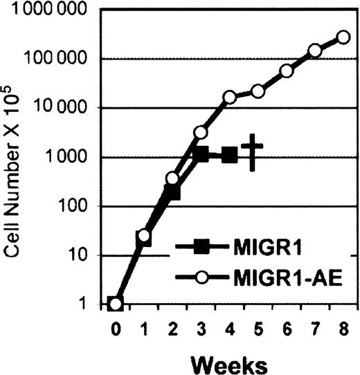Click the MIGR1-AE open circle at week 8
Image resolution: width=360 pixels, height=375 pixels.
point(343,37)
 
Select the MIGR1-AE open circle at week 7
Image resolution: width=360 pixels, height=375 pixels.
point(315,51)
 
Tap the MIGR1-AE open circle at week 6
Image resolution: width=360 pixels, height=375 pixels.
point(287,71)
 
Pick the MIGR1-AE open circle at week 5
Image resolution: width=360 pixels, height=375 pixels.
point(258,91)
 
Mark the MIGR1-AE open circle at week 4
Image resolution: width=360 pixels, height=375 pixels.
point(230,98)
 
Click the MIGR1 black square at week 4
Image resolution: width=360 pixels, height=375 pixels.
point(230,156)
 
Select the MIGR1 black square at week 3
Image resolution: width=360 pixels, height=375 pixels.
point(201,154)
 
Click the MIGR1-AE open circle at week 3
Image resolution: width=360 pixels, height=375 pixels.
point(201,132)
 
